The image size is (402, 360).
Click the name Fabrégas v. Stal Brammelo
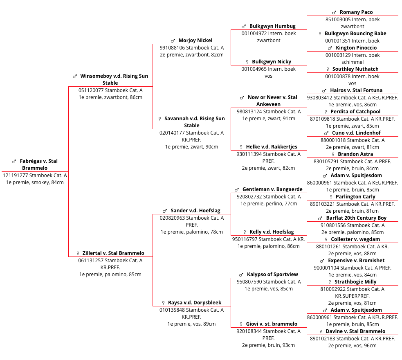(39, 164)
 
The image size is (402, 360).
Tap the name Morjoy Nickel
(195, 40)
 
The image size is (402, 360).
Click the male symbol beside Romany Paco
(334, 12)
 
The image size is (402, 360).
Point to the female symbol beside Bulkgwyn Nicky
(247, 62)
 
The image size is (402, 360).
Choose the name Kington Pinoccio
(356, 48)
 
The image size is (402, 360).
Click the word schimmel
(352, 62)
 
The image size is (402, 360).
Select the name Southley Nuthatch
(355, 69)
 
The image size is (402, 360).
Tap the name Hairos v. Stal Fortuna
(356, 90)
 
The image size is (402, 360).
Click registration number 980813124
(249, 112)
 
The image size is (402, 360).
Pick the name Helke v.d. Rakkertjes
(272, 147)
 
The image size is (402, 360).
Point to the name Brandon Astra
(355, 154)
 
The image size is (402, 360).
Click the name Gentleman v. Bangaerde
(272, 189)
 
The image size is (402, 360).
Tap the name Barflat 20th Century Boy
(356, 218)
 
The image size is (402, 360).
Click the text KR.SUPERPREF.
(352, 296)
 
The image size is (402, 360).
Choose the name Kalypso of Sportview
(272, 274)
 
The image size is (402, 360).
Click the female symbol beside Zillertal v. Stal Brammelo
(78, 253)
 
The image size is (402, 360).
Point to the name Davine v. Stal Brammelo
(355, 331)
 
